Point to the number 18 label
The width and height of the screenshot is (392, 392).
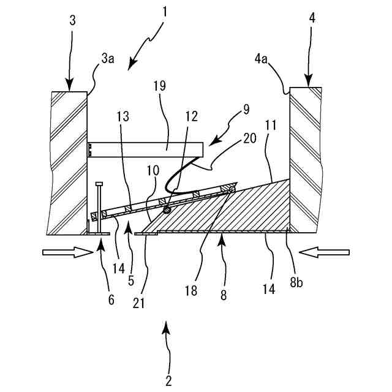click(192, 290)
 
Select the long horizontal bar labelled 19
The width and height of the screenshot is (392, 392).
click(145, 148)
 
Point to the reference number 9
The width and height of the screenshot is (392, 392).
click(246, 110)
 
